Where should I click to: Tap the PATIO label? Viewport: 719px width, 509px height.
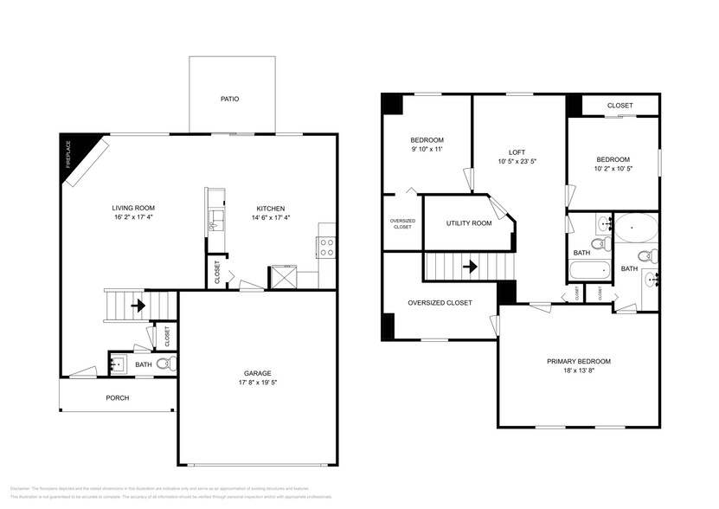229,100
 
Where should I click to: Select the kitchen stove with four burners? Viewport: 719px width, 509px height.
328,248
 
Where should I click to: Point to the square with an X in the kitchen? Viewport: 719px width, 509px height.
284,277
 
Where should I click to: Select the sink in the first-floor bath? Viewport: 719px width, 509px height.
118,364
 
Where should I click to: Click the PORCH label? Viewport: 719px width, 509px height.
117,398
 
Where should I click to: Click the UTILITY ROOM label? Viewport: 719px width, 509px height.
468,223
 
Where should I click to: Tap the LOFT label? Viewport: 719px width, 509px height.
517,152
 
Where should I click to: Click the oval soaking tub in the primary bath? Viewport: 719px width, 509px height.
636,229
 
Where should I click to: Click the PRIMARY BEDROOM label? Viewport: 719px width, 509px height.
578,361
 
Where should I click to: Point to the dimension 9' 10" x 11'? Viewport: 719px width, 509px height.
426,150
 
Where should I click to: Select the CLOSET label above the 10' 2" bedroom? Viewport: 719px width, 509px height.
619,106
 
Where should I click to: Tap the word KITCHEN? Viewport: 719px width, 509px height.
270,208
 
